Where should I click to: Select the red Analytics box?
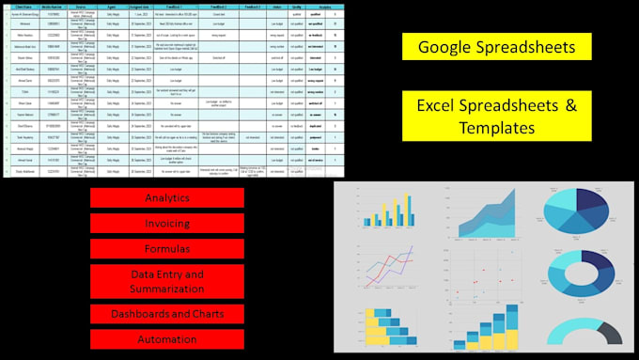point(167,198)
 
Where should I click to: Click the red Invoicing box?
point(167,224)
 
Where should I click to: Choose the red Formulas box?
point(167,250)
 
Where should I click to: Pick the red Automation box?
point(167,339)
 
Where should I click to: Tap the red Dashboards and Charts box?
point(167,314)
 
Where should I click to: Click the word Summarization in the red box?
point(167,289)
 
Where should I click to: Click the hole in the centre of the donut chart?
point(583,276)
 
